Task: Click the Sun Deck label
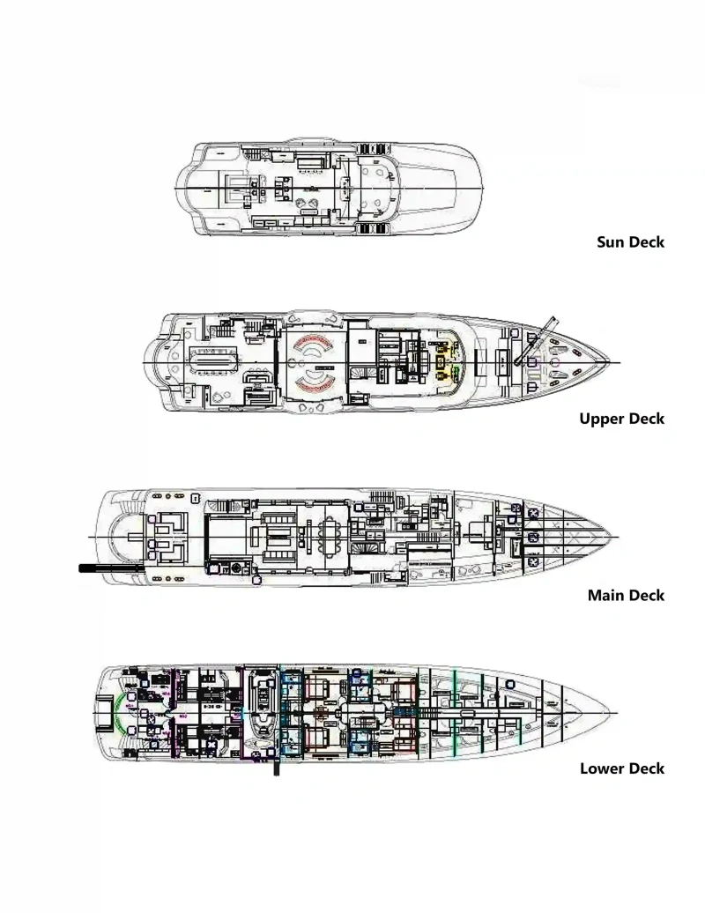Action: pos(630,242)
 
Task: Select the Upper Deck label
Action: pos(621,419)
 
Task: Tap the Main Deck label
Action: pos(626,596)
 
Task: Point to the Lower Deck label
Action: pos(621,768)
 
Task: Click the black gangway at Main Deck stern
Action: pos(110,568)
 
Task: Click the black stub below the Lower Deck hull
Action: pos(276,768)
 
